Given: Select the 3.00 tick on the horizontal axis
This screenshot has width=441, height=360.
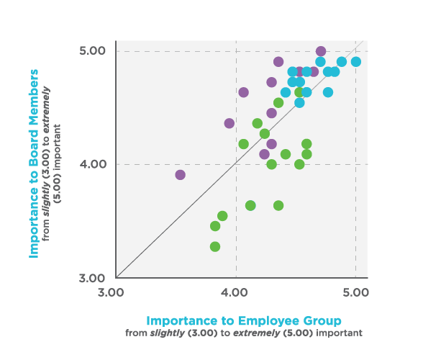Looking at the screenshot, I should point(116,292).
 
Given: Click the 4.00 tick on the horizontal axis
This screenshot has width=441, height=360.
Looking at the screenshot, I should point(236,292).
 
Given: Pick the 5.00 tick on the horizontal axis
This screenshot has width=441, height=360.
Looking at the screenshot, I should point(356,292).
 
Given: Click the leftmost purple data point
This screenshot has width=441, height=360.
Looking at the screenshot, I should point(180,175).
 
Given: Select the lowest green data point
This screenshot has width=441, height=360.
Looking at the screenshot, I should point(215,246).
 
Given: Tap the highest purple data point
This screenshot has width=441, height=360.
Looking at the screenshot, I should point(321,51).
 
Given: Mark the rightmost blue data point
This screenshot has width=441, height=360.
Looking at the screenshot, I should point(355,62).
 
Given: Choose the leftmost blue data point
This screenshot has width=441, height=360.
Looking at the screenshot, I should point(286,92).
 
